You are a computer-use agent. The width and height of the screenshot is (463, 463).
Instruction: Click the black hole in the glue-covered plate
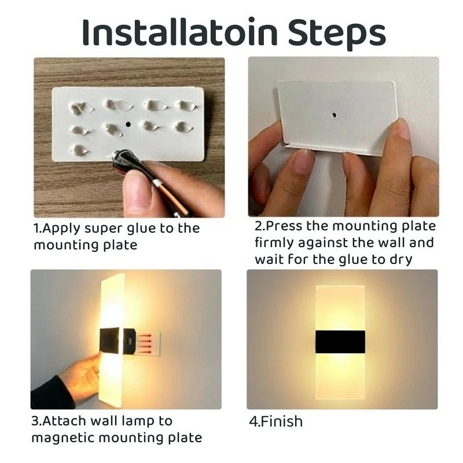(128, 124)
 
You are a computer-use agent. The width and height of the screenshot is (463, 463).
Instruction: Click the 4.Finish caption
(276, 421)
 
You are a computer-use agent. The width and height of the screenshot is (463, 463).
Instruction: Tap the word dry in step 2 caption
(400, 259)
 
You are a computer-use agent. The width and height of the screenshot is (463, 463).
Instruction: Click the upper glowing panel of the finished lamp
(340, 307)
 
